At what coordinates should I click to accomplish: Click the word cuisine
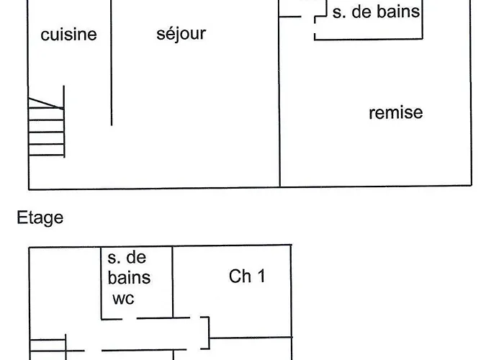coord(68,35)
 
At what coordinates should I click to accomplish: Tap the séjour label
coord(181,33)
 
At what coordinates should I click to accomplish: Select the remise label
coord(395,113)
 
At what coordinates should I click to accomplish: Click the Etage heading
coord(40,218)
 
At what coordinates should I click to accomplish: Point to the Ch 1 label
coord(247,276)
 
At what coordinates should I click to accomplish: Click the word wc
coord(123,298)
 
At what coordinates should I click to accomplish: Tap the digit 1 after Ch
coord(260,276)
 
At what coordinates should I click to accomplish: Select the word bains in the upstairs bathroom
coord(129,278)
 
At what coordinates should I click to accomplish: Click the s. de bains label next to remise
coord(375,12)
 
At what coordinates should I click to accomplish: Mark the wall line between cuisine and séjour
coord(111,72)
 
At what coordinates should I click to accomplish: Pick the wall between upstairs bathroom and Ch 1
coord(173,281)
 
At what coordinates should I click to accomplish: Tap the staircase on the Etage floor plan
coord(48,347)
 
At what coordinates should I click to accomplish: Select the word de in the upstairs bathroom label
coord(135,258)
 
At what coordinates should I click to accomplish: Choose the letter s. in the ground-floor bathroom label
coord(337,12)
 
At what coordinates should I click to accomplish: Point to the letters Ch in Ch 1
coord(240,276)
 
